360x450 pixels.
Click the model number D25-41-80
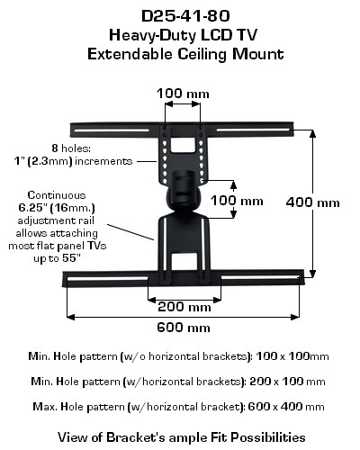(x=185, y=16)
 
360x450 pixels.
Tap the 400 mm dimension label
(x=313, y=202)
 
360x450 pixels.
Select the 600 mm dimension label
(x=184, y=328)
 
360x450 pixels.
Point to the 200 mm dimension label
(x=184, y=307)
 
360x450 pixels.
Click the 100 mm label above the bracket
(x=183, y=94)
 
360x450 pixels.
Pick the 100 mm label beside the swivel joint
(x=237, y=201)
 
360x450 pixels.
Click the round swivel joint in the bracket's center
(x=184, y=190)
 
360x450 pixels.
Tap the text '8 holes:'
(x=71, y=148)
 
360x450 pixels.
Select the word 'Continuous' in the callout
(x=57, y=195)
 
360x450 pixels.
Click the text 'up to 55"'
(x=57, y=258)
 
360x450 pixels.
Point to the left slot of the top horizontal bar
(x=112, y=130)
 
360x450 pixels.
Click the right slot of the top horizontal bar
(x=253, y=130)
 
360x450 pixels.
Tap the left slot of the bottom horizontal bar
(x=108, y=279)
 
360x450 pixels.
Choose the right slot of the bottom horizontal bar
(x=260, y=278)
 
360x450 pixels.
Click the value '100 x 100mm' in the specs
(x=292, y=356)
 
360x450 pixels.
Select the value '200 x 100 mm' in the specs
(x=287, y=382)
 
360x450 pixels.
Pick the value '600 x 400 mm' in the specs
(x=286, y=407)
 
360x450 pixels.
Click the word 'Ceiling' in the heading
(x=202, y=55)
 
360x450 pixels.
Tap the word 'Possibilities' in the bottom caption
(x=268, y=437)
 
